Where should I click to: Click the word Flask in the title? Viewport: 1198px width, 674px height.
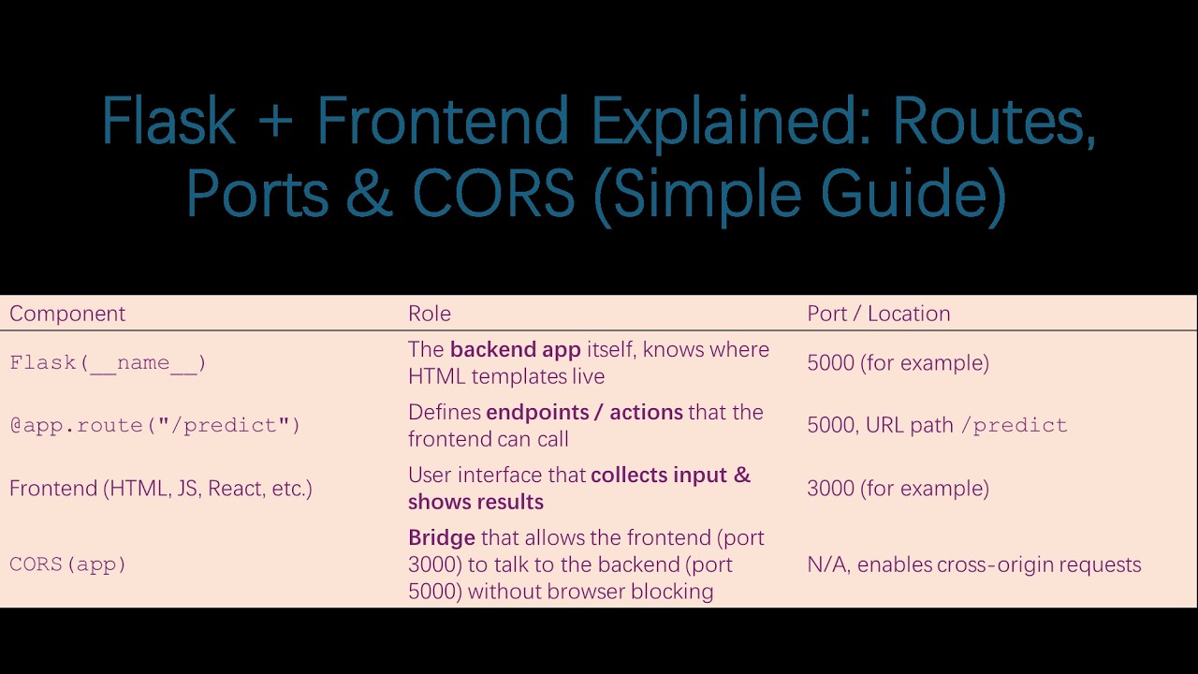[x=168, y=121]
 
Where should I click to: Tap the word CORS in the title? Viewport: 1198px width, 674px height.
[x=493, y=193]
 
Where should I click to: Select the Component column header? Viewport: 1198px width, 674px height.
[x=67, y=314]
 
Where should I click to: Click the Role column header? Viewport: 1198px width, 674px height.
[x=430, y=314]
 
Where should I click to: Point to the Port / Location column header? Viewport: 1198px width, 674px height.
[x=878, y=314]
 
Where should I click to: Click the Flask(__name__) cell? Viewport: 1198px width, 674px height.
[x=108, y=363]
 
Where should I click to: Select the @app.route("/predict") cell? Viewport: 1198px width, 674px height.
[x=154, y=425]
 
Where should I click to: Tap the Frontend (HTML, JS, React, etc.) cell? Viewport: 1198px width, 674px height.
[x=161, y=488]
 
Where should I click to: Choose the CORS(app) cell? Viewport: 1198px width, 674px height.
[x=67, y=564]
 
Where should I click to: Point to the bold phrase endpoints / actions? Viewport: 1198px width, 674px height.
[x=584, y=413]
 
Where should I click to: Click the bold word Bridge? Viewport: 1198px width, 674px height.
[x=442, y=537]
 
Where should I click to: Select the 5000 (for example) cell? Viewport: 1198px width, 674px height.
[x=898, y=363]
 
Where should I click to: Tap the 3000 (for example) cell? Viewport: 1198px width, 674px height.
[x=898, y=488]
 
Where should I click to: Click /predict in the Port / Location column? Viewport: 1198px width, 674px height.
[x=1019, y=425]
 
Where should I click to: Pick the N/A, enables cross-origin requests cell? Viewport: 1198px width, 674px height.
[x=973, y=564]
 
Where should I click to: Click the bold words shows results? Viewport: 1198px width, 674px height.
[x=475, y=502]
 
